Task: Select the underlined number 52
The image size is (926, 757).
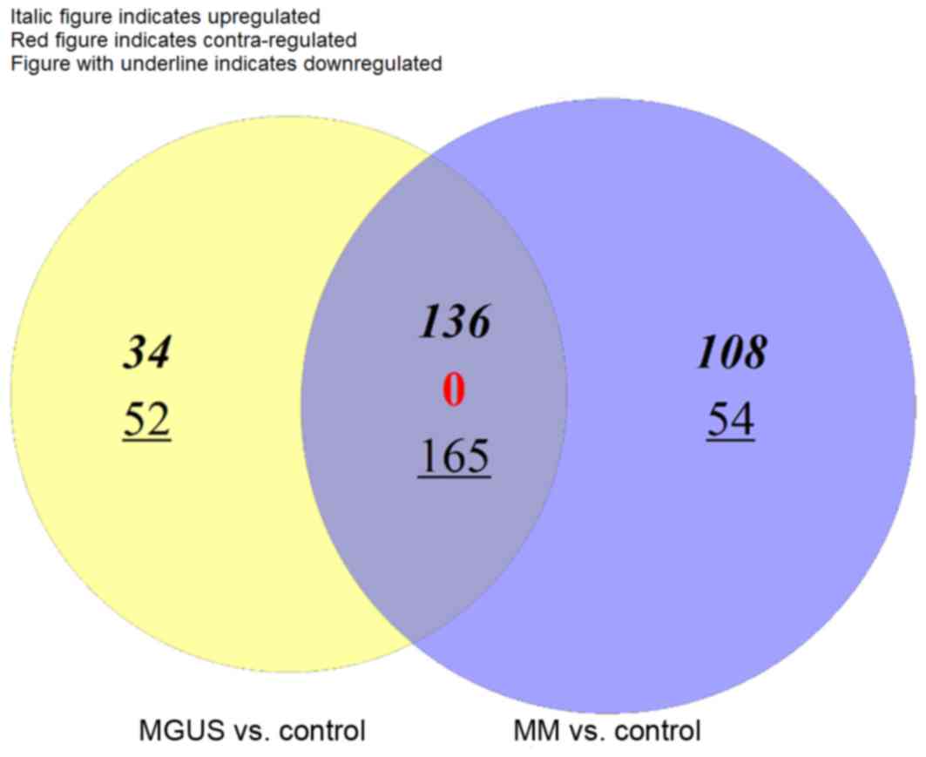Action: (x=146, y=421)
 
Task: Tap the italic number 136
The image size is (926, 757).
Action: (x=455, y=323)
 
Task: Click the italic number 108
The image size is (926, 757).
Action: (x=731, y=354)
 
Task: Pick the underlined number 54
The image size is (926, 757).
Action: (x=730, y=420)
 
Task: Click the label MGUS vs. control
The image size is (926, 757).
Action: (x=252, y=730)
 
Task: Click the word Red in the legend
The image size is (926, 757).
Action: (x=25, y=40)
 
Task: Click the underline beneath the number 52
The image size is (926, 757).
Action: (x=146, y=440)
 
